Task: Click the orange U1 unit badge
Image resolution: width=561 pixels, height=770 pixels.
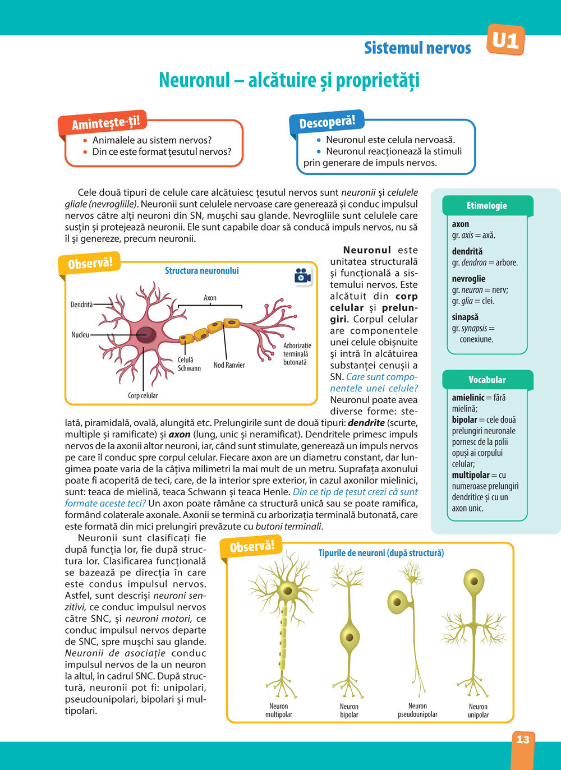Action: point(505,40)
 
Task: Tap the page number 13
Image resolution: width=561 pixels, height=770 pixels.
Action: point(522,739)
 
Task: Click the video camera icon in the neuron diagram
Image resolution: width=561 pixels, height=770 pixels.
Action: point(302,276)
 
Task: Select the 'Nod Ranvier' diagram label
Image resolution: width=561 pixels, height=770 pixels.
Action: point(229,365)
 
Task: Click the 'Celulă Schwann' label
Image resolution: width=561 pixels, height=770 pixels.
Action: point(188,364)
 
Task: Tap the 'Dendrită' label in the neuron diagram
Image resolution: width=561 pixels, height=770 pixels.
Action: point(81,305)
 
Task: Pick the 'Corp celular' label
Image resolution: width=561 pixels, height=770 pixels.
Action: point(142,395)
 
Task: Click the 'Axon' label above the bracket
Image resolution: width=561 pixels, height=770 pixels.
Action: point(210,298)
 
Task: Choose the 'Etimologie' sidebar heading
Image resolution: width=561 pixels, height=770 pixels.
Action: point(486,206)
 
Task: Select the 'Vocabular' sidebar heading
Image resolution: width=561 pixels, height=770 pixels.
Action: point(487,380)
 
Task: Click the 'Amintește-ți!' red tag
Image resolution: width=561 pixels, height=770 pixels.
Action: point(105,122)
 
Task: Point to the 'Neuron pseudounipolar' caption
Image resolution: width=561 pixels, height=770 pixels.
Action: point(417,710)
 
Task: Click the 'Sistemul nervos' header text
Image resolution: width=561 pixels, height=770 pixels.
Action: point(417,48)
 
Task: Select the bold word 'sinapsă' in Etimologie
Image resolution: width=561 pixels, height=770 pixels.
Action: point(465,317)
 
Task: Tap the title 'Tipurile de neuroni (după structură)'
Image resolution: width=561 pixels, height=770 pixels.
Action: point(381,553)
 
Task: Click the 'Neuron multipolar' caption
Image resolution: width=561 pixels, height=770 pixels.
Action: point(278,710)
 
